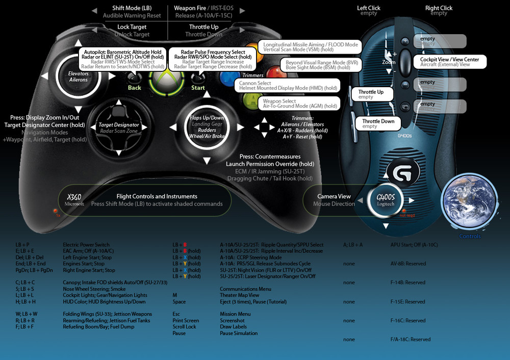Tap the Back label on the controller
click(x=135, y=88)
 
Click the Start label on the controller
click(x=198, y=88)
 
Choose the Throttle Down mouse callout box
click(x=378, y=123)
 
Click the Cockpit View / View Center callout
click(x=449, y=62)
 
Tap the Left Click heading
click(x=369, y=8)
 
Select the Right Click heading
click(x=439, y=8)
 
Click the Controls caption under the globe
click(x=470, y=236)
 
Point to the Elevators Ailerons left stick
click(x=78, y=76)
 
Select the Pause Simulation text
click(x=239, y=333)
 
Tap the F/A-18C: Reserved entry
click(x=410, y=340)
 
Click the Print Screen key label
click(x=186, y=321)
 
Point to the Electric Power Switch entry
click(x=86, y=245)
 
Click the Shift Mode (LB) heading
click(x=132, y=8)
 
